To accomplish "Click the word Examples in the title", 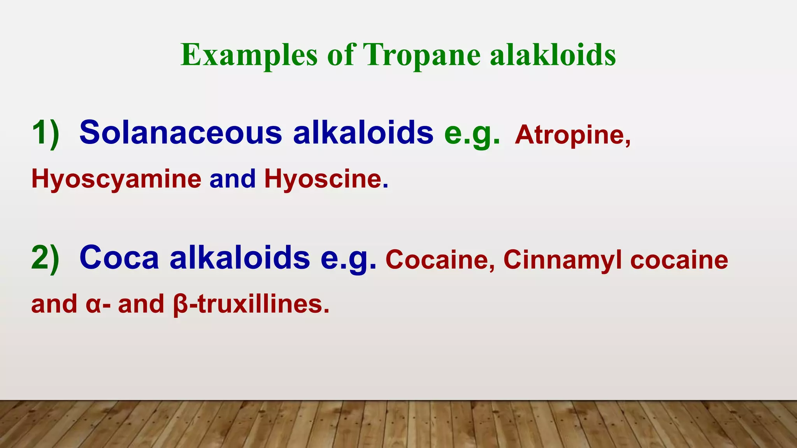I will point(249,55).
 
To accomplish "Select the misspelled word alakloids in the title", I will point(553,55).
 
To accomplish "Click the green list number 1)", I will point(46,133).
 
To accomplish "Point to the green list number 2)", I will point(46,258).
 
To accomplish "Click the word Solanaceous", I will point(181,133).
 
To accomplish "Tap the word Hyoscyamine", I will point(116,180).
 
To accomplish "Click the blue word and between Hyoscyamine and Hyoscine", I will point(232,180).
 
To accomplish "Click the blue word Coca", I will point(119,258).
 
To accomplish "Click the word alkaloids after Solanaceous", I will point(363,133).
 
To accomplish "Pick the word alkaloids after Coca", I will point(240,258).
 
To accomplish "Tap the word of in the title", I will point(341,55).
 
